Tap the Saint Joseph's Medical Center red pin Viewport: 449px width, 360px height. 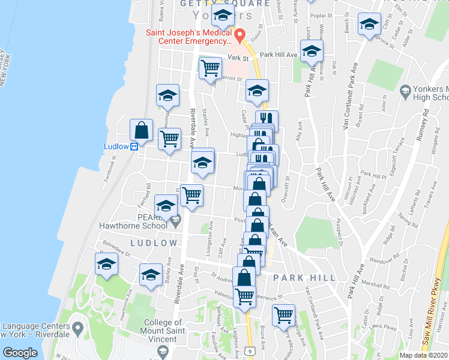240,37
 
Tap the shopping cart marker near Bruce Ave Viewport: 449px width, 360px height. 283,314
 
